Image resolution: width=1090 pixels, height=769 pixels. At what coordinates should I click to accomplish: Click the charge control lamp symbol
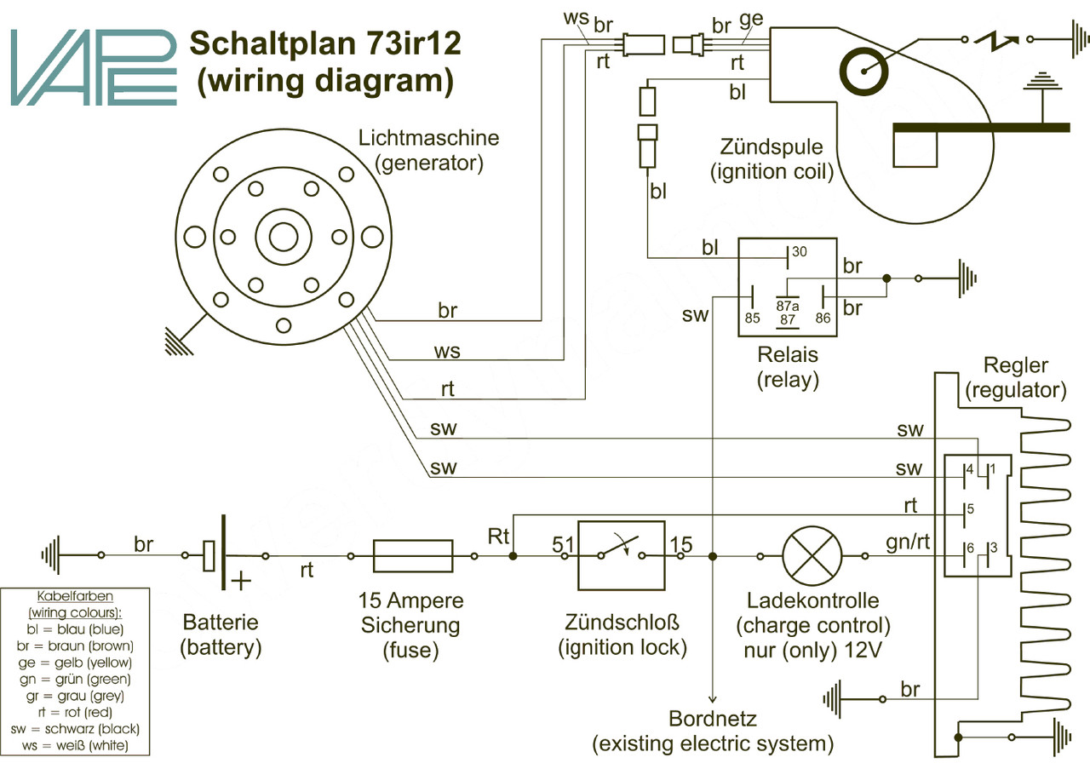(x=812, y=555)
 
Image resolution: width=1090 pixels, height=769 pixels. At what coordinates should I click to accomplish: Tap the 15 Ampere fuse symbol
(x=413, y=555)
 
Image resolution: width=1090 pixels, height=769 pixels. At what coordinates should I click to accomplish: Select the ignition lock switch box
(x=622, y=555)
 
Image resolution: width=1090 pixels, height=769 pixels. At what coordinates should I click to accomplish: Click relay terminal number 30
(x=799, y=252)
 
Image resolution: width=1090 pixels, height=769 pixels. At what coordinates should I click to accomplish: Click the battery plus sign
(x=242, y=582)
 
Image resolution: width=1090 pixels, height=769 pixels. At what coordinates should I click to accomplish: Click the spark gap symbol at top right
(x=997, y=39)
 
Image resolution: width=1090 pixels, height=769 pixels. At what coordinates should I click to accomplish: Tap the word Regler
(x=1015, y=365)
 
